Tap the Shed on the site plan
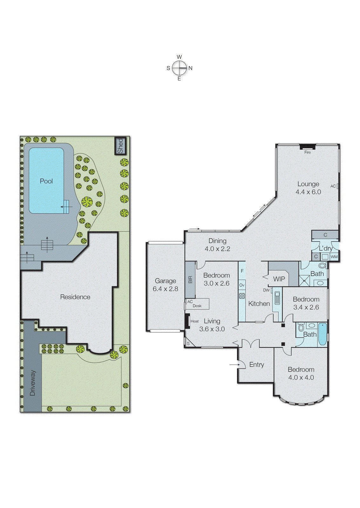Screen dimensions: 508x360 120,146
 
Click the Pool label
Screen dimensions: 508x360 46,181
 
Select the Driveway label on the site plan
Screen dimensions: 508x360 32,383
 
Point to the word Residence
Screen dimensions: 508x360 75,297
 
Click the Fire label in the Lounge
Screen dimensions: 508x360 308,152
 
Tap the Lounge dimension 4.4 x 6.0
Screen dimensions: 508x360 308,192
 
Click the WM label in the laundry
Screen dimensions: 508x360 334,257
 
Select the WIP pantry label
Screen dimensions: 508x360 279,279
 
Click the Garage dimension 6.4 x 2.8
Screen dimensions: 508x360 165,289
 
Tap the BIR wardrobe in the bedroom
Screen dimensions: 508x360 190,279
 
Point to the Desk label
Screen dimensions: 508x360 197,306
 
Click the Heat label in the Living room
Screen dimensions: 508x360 195,321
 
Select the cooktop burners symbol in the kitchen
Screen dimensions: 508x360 242,296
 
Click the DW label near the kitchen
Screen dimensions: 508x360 266,290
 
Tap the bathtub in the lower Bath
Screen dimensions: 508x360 322,334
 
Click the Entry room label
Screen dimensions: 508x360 256,364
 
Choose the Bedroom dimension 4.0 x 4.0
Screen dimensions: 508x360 301,378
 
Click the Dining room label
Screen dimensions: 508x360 217,241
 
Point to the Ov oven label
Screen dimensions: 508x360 242,285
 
